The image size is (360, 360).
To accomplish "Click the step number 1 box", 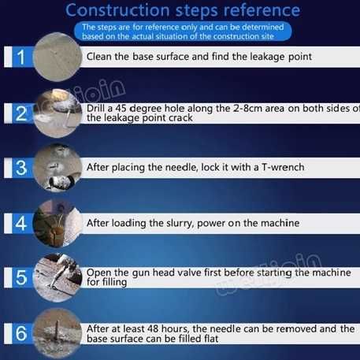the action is point(22,57).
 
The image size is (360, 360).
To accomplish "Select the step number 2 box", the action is point(22,113).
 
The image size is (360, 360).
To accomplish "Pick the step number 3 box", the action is point(22,168).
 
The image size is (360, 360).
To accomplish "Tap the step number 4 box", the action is point(22,224).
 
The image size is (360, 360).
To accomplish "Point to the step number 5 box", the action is point(22,277).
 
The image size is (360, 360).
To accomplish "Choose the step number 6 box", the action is point(22,333).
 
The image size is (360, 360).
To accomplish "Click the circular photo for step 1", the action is point(58,57).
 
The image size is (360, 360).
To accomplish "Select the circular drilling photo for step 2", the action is point(58,113).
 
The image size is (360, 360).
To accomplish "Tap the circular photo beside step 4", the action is point(58,224).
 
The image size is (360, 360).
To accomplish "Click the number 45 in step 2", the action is point(121,108).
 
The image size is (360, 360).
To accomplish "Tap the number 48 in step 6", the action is point(153,328).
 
